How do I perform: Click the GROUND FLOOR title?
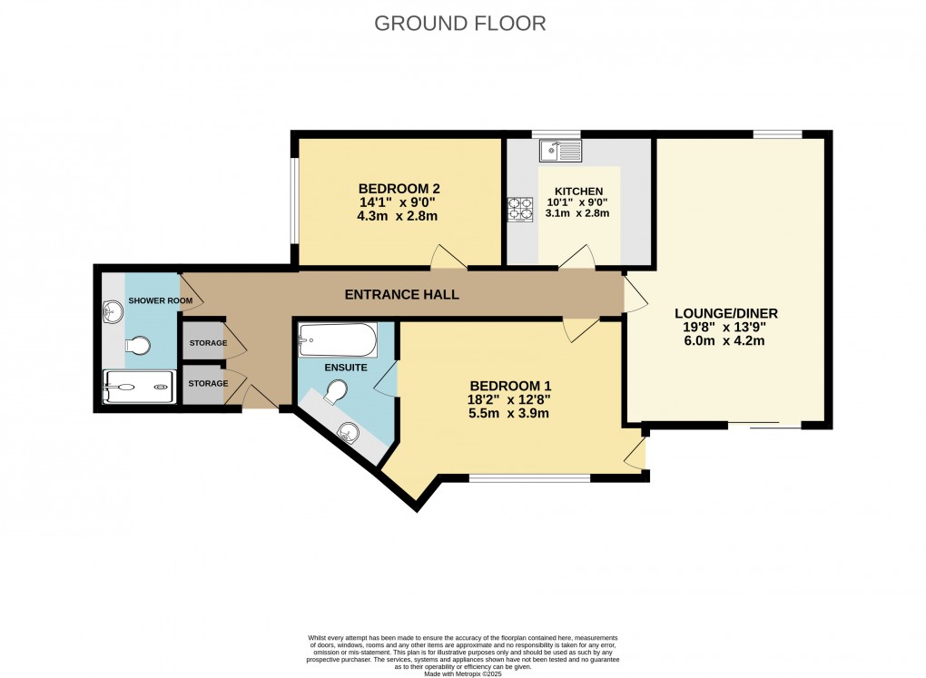click(x=460, y=24)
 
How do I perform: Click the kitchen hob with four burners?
click(x=520, y=210)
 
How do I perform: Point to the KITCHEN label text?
click(x=579, y=191)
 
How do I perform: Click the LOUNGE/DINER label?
click(x=726, y=313)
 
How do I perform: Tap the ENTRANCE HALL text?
click(x=401, y=295)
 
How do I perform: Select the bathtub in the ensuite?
click(x=337, y=340)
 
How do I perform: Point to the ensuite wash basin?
click(x=348, y=432)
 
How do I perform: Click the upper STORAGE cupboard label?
click(x=208, y=344)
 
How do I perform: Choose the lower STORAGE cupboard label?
click(x=208, y=384)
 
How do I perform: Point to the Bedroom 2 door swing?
click(x=448, y=258)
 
